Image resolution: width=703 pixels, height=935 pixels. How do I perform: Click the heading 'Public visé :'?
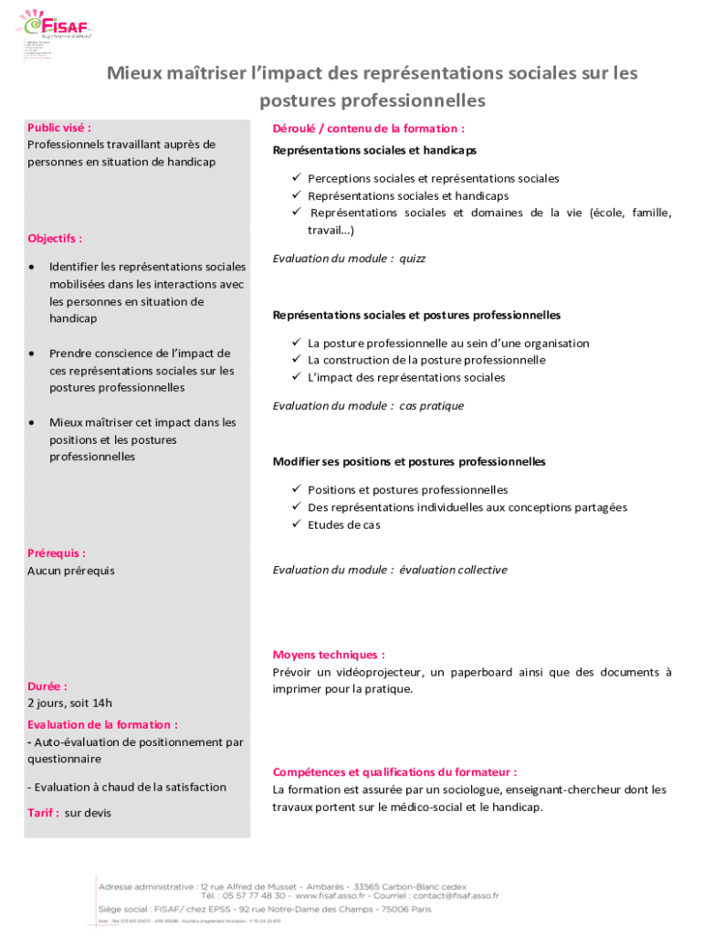coord(59,128)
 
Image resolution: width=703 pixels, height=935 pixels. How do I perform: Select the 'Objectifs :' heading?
coord(55,238)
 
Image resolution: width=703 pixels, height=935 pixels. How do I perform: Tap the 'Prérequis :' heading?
coord(57,553)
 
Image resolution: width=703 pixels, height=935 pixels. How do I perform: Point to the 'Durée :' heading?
coord(47,686)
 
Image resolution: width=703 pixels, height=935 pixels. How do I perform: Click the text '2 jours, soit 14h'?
coord(69,703)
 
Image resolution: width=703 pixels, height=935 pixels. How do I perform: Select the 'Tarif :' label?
coord(43,813)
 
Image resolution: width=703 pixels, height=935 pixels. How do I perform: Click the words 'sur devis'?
coord(88,813)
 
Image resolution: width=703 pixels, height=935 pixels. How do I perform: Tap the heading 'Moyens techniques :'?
coord(329,655)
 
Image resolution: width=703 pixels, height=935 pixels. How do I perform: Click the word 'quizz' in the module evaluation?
coord(412,258)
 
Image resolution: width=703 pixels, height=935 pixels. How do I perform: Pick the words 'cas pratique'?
coord(431,405)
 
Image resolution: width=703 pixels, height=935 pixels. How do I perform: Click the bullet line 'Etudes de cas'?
coord(344,525)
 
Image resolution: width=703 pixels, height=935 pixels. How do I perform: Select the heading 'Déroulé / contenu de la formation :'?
coord(368,129)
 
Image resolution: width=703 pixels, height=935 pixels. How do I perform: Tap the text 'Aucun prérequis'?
coord(71,571)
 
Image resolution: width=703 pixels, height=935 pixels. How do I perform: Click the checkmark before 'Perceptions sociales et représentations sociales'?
coord(297,179)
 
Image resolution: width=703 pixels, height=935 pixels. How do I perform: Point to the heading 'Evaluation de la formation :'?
coord(102,724)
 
